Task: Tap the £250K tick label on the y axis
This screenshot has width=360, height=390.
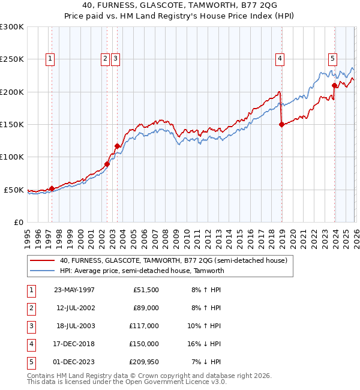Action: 12,59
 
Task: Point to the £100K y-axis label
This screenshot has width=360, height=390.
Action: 12,157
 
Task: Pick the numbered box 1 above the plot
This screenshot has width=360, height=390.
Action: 50,59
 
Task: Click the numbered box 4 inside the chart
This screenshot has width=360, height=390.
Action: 280,59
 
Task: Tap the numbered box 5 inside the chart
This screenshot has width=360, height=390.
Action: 332,59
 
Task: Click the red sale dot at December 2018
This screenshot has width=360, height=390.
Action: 281,125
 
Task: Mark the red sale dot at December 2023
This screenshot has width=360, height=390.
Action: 334,86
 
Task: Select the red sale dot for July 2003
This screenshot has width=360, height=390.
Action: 118,146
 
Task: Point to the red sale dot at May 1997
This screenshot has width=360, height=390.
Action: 52,188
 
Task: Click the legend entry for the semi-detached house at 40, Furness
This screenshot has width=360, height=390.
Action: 173,261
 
